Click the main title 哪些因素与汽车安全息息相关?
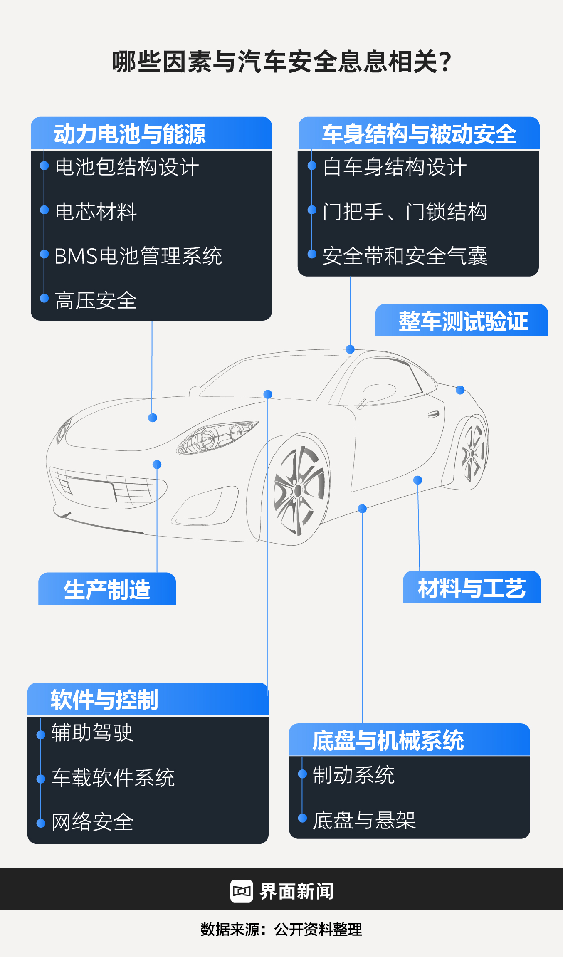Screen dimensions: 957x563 [x=281, y=62]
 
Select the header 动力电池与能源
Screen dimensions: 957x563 [x=130, y=134]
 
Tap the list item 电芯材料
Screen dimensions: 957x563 [x=96, y=211]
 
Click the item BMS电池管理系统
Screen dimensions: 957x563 [x=138, y=256]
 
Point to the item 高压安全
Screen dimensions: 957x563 [x=96, y=300]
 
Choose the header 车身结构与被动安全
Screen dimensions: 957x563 [x=419, y=134]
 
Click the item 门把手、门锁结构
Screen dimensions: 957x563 [x=405, y=211]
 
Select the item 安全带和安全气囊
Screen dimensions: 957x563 [x=405, y=256]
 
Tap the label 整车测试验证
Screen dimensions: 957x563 [x=463, y=321]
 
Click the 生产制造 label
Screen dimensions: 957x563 [x=107, y=589]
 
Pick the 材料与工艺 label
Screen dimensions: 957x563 [x=472, y=588]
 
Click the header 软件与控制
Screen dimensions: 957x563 [x=104, y=700]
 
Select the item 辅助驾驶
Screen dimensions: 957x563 [x=92, y=733]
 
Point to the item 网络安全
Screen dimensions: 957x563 [x=92, y=822]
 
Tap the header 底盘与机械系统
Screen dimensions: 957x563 [x=388, y=740]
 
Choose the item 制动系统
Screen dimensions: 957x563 [x=353, y=775]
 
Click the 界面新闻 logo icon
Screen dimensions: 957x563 [x=242, y=891]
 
